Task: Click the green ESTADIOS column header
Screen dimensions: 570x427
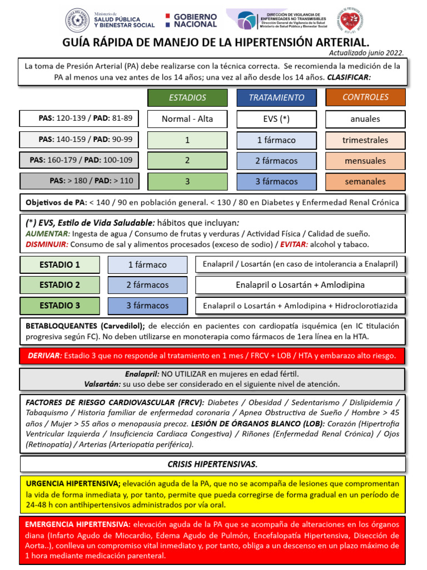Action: [x=187, y=97]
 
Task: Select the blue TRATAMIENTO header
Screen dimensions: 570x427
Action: [x=276, y=97]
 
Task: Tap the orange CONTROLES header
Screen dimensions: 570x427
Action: [x=365, y=97]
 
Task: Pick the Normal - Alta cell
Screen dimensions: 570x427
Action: [x=187, y=119]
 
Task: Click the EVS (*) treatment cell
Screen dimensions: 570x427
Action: [x=276, y=119]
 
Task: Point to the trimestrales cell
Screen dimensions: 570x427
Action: [x=365, y=140]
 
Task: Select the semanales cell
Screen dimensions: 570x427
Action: [x=365, y=181]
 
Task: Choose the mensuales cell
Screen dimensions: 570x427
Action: [x=365, y=160]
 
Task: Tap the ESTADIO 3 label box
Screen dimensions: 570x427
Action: [x=59, y=306]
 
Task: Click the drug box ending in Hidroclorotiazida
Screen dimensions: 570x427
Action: [x=300, y=306]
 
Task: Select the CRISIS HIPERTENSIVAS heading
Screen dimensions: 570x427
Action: [x=212, y=464]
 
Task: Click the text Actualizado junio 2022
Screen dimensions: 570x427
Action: [x=366, y=53]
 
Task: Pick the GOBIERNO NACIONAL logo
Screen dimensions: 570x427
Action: [x=191, y=21]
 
